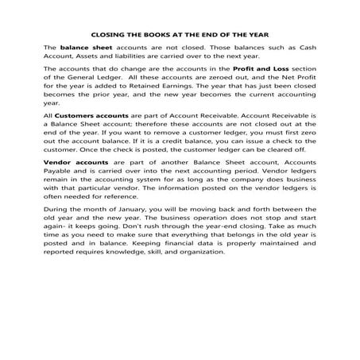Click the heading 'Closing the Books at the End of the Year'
pos(180,34)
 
